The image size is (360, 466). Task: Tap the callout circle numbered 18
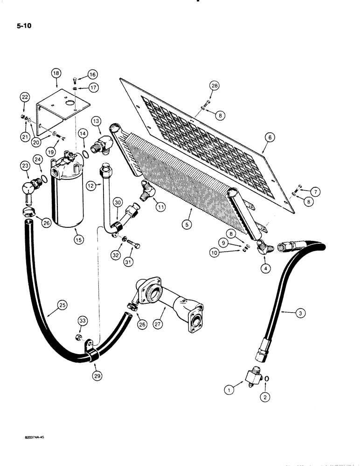[x=56, y=73]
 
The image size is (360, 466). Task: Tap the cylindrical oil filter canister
[x=70, y=196]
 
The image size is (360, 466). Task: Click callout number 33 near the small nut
[x=83, y=321]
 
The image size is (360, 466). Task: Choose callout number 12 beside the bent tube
[x=91, y=185]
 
